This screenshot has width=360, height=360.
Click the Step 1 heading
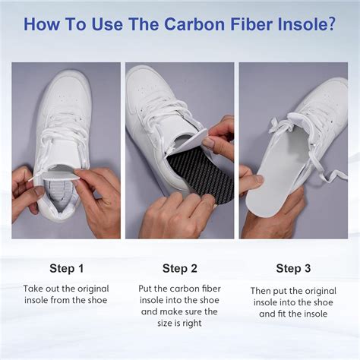pos(67,268)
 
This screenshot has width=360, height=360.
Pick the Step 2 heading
pos(180,268)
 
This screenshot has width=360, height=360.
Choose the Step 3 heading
pos(294,268)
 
